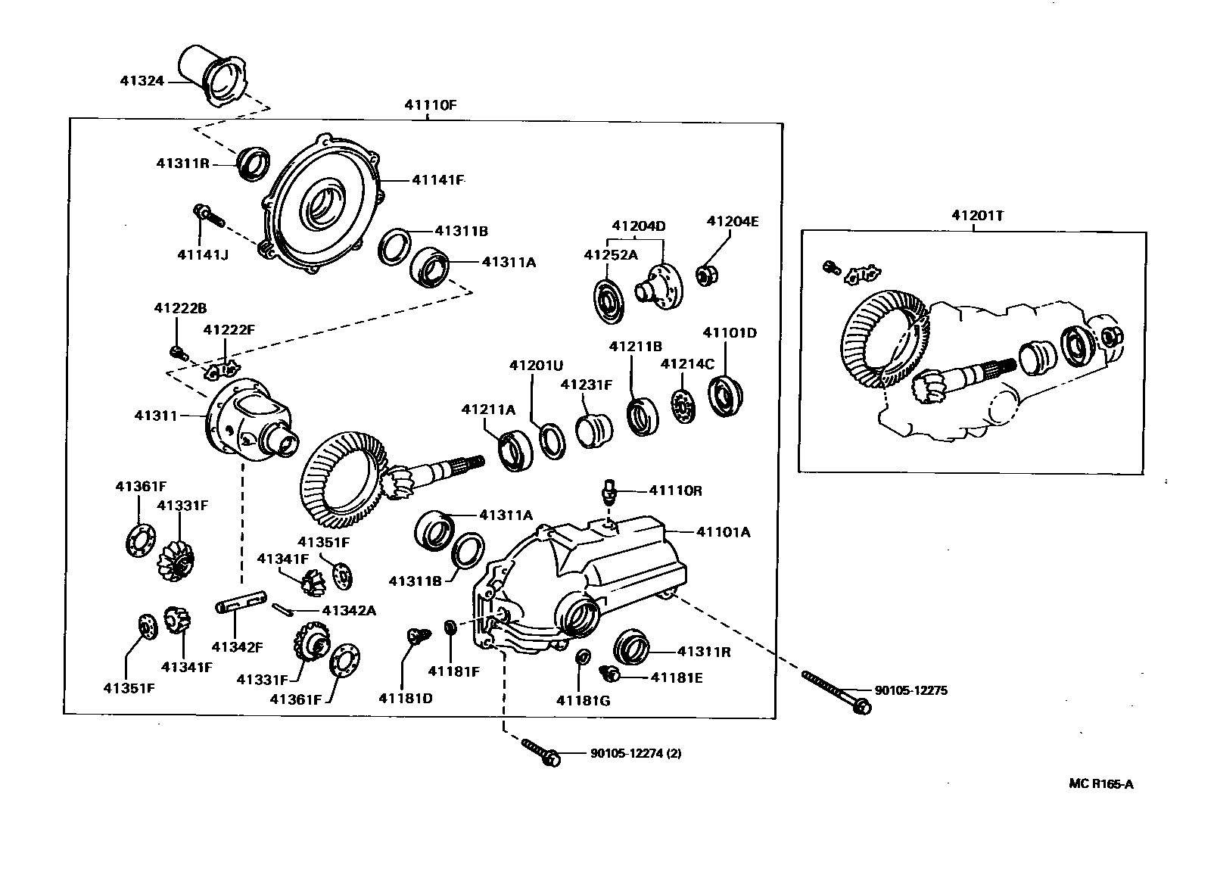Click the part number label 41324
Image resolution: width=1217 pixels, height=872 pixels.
(142, 79)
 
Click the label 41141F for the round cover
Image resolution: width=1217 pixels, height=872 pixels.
(437, 180)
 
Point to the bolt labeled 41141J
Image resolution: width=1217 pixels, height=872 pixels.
(209, 216)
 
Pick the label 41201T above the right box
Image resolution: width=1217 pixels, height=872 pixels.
(978, 215)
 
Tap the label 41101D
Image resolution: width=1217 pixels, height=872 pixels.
(730, 332)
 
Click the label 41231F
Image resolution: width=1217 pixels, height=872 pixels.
(587, 384)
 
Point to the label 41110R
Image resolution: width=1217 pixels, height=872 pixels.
(676, 490)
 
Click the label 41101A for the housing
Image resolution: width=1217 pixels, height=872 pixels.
(723, 532)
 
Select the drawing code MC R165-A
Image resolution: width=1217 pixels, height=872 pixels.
(1101, 783)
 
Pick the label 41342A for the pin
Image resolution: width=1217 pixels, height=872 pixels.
(348, 610)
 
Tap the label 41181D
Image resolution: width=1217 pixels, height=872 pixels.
(406, 697)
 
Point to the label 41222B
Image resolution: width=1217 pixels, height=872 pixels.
(180, 308)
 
